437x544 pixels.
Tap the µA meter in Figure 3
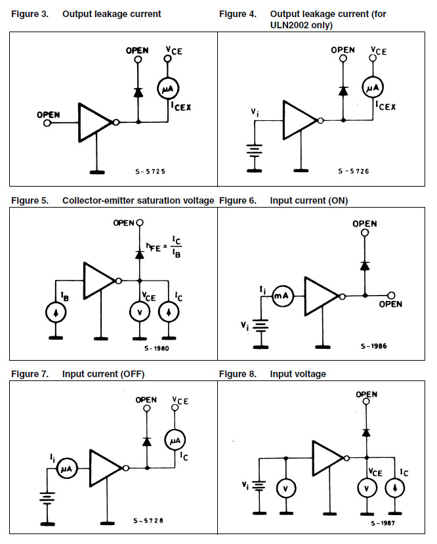(x=167, y=88)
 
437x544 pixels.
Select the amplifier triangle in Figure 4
(x=299, y=121)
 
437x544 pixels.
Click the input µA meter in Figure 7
(x=67, y=468)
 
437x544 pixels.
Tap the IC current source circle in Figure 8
(x=396, y=489)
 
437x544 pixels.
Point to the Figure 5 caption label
(x=29, y=200)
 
